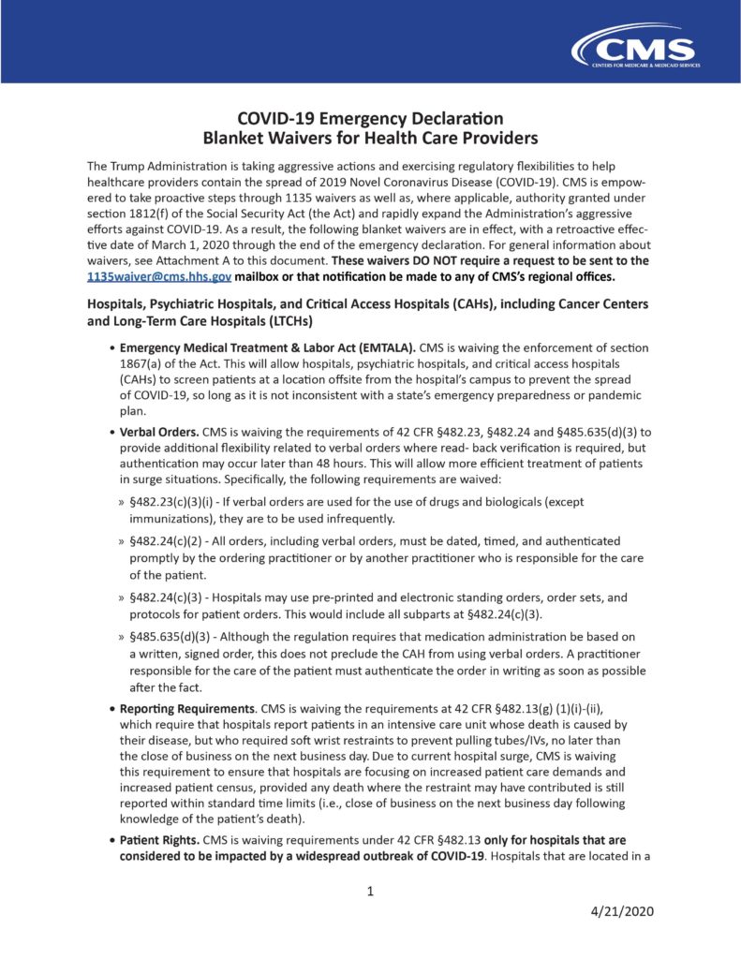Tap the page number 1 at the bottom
point(370,891)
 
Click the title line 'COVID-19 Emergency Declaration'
point(370,119)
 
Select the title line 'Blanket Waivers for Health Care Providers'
point(370,139)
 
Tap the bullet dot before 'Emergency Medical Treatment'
point(111,347)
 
